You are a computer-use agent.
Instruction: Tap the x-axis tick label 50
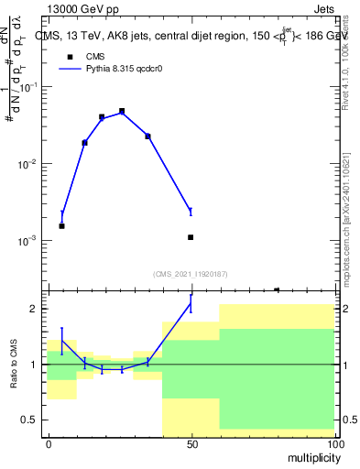pyautogui.click(x=191, y=443)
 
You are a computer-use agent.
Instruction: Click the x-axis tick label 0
pyautogui.click(x=49, y=443)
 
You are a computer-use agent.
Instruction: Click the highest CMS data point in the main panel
pyautogui.click(x=122, y=111)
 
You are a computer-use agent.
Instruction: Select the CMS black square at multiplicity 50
pyautogui.click(x=191, y=237)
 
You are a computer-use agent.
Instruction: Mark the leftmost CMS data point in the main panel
pyautogui.click(x=61, y=225)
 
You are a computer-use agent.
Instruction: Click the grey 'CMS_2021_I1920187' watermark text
pyautogui.click(x=191, y=274)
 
